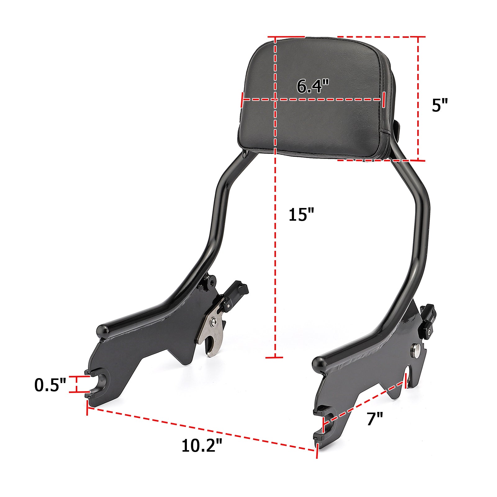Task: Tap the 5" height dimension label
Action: pos(440,105)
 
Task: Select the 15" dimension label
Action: pos(301,215)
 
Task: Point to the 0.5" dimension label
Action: pos(50,385)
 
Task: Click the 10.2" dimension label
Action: pos(202,445)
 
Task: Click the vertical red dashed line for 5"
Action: pos(418,99)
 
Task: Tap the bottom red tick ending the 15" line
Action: pos(274,358)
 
